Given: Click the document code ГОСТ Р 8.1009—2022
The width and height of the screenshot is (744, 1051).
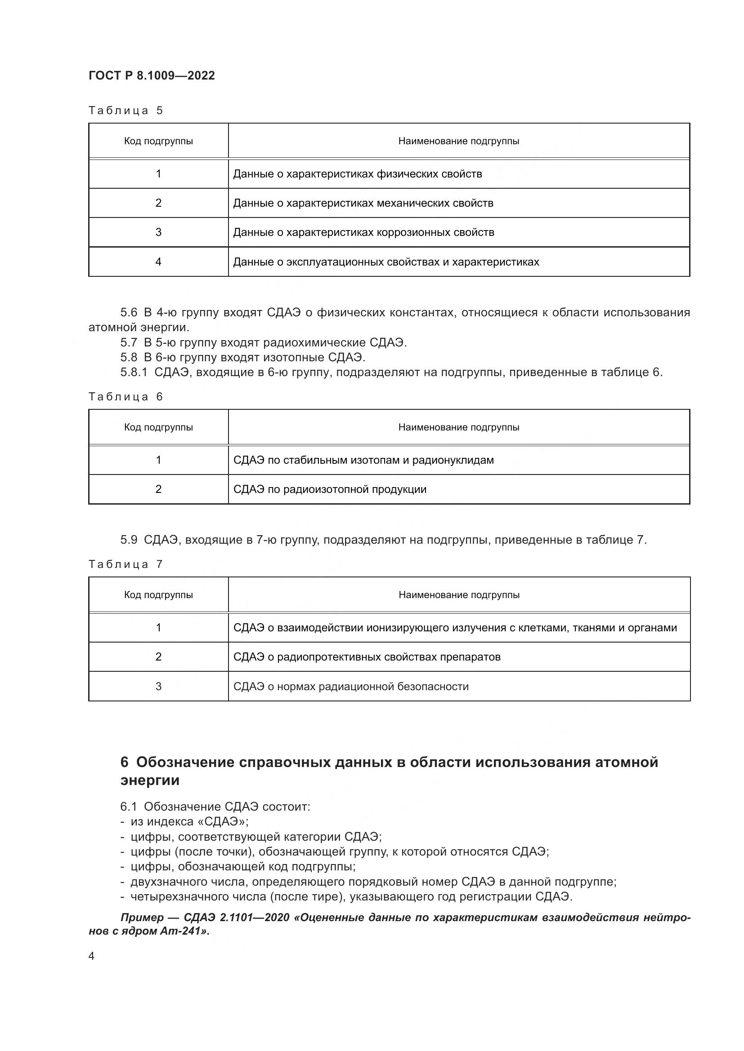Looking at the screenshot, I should (152, 75).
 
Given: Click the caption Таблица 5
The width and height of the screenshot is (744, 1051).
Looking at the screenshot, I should (125, 111).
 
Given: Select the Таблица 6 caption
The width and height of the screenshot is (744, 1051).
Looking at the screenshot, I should (125, 396).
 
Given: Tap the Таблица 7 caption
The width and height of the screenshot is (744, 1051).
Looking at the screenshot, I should (125, 564).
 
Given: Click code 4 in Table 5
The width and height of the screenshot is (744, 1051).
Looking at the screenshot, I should (158, 262).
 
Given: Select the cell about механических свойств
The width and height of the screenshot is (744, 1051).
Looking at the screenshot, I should (363, 203).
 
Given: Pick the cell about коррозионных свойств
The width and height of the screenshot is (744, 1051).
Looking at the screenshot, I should (363, 232).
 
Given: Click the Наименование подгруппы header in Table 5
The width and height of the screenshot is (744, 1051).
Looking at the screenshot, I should (458, 141).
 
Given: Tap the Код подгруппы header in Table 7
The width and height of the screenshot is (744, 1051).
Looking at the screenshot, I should (158, 594).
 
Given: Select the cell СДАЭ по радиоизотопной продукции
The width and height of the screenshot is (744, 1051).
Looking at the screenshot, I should (330, 489).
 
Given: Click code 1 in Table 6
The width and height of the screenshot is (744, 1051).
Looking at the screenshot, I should (158, 460).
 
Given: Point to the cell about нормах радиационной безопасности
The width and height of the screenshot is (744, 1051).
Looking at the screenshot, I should (351, 686).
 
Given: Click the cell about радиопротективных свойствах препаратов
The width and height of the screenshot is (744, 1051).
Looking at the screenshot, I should (367, 657).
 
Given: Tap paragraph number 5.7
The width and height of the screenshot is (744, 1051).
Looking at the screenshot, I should (129, 342).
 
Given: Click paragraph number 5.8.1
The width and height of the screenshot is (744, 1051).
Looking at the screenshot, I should (134, 372).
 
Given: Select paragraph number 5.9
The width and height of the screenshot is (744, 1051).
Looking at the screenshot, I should (129, 540).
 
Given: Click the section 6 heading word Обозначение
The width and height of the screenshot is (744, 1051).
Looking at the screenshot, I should (185, 762).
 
